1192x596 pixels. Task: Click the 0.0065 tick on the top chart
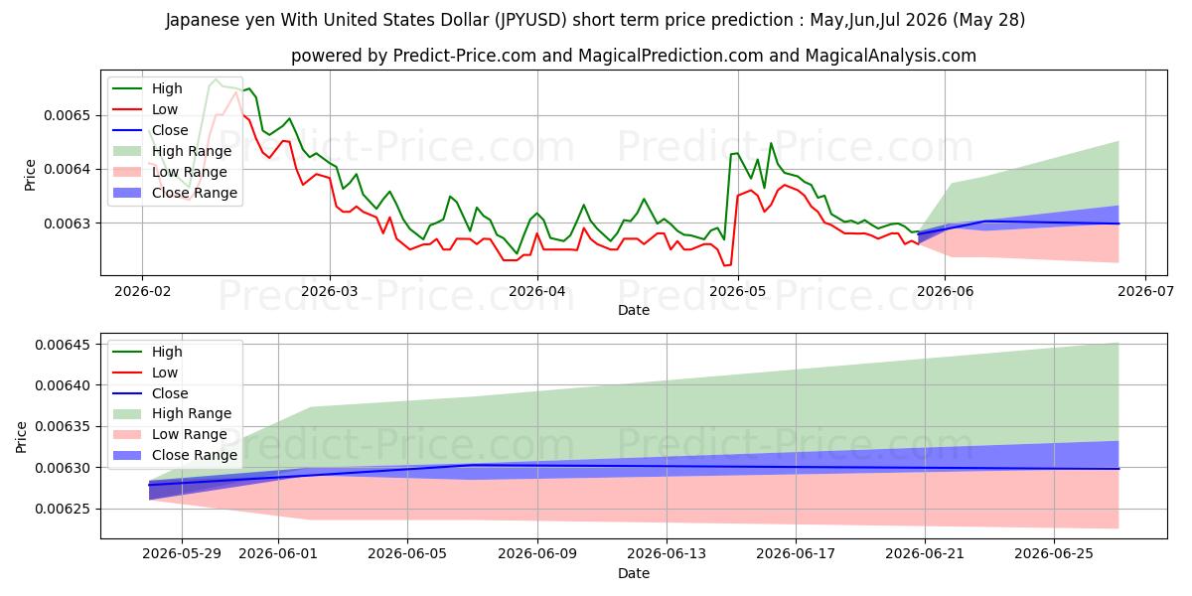point(68,115)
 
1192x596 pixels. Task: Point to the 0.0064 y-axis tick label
point(68,169)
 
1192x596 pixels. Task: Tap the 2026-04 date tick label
point(537,292)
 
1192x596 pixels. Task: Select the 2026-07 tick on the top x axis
point(1145,292)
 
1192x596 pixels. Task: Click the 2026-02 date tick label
point(142,292)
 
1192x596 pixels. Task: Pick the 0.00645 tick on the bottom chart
point(63,345)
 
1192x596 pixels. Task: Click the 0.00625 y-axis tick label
point(63,510)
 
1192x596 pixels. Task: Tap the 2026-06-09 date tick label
point(537,554)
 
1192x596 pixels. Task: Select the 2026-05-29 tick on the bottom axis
point(182,554)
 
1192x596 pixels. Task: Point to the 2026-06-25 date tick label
point(1054,554)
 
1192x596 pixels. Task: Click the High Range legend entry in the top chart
point(173,151)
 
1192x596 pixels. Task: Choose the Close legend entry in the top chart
point(151,130)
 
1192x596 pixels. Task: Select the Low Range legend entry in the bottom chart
point(170,434)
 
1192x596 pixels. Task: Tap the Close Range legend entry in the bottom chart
point(175,455)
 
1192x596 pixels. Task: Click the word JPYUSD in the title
point(530,20)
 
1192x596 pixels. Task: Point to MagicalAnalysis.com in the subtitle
point(890,56)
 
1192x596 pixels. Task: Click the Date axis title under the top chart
point(634,310)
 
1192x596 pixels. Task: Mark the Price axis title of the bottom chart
point(21,437)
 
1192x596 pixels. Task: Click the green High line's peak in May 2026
point(771,143)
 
